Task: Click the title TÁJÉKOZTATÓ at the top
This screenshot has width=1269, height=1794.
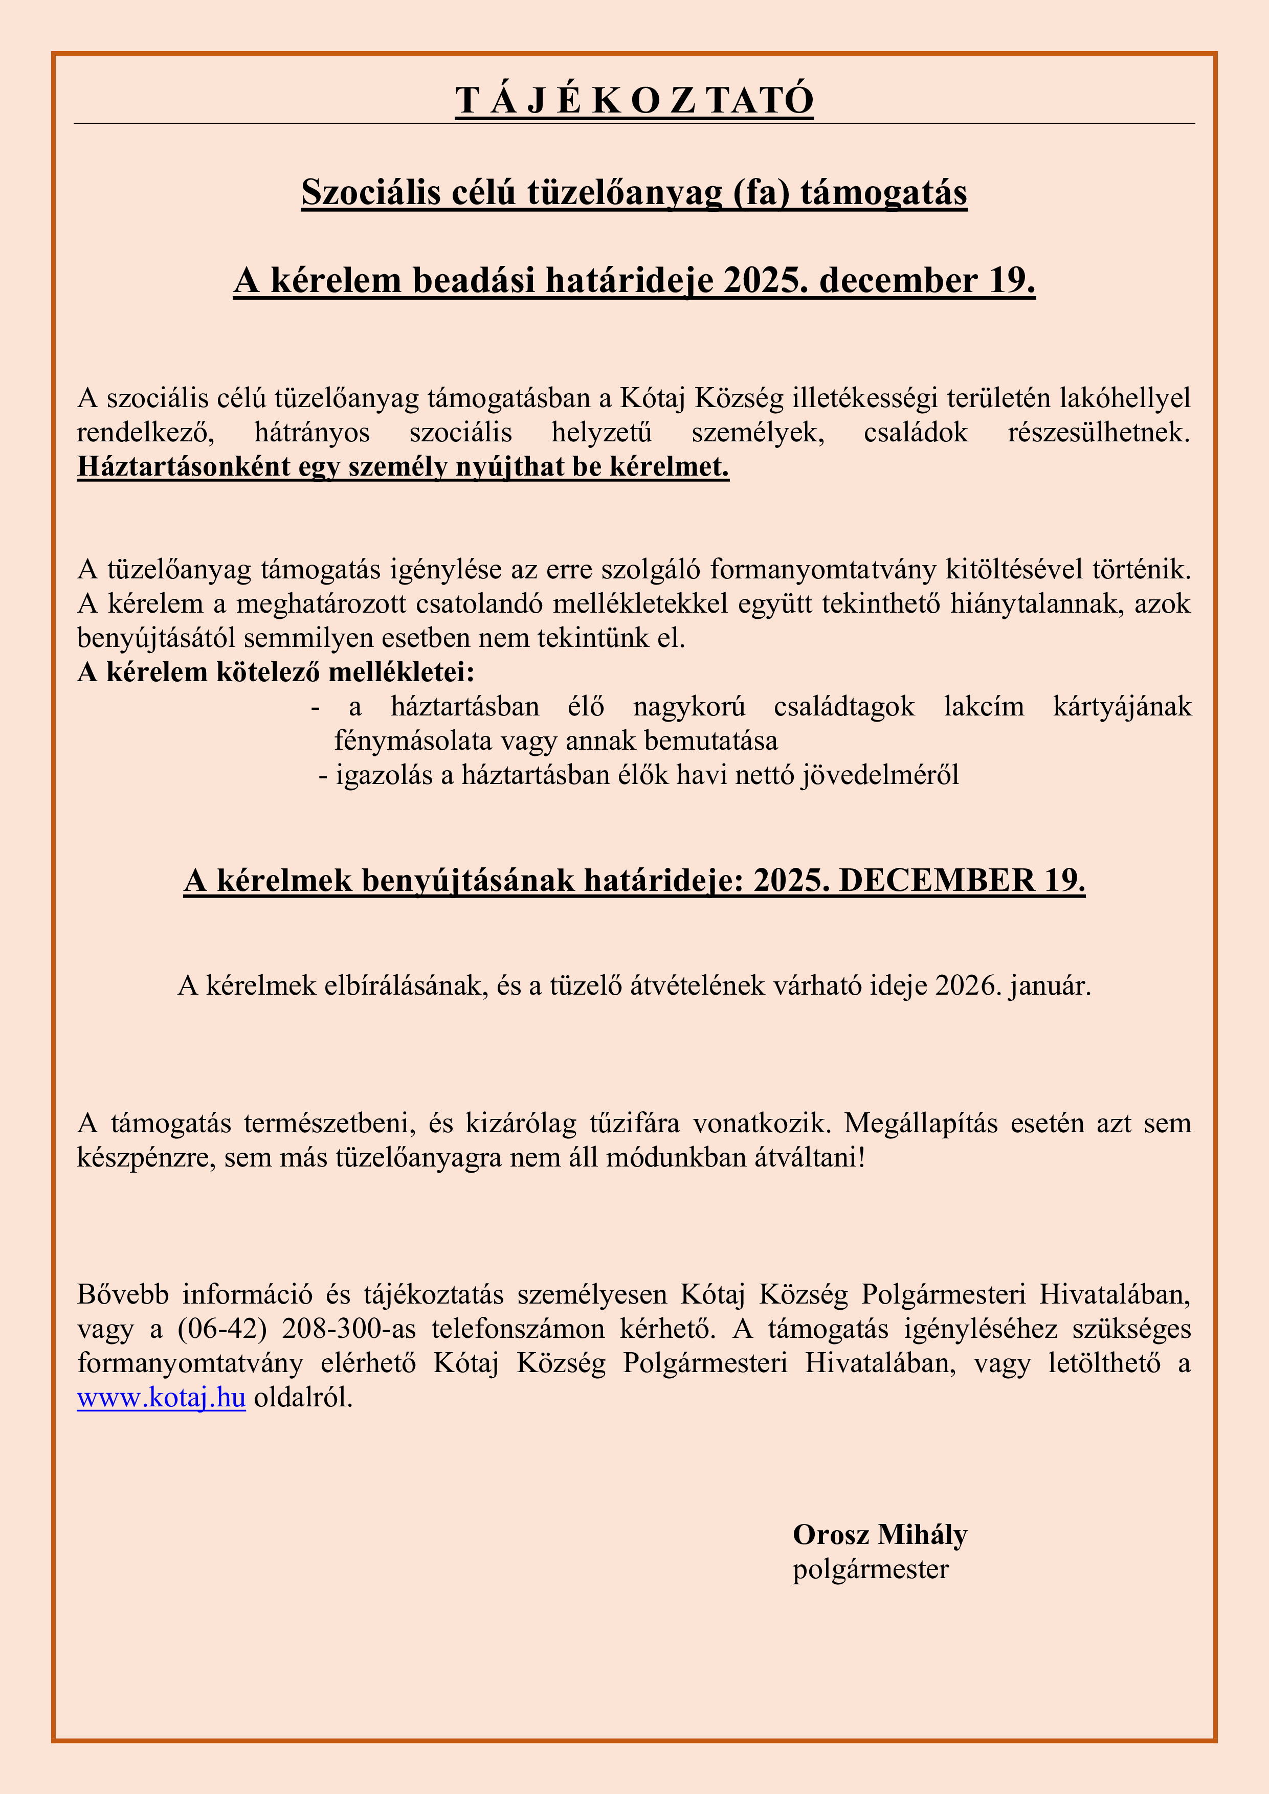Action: click(x=634, y=101)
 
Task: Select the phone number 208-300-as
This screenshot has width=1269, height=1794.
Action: click(x=348, y=1328)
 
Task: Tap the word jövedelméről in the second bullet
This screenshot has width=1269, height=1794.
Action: click(x=879, y=774)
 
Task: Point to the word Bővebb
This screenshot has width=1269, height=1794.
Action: click(x=123, y=1294)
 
